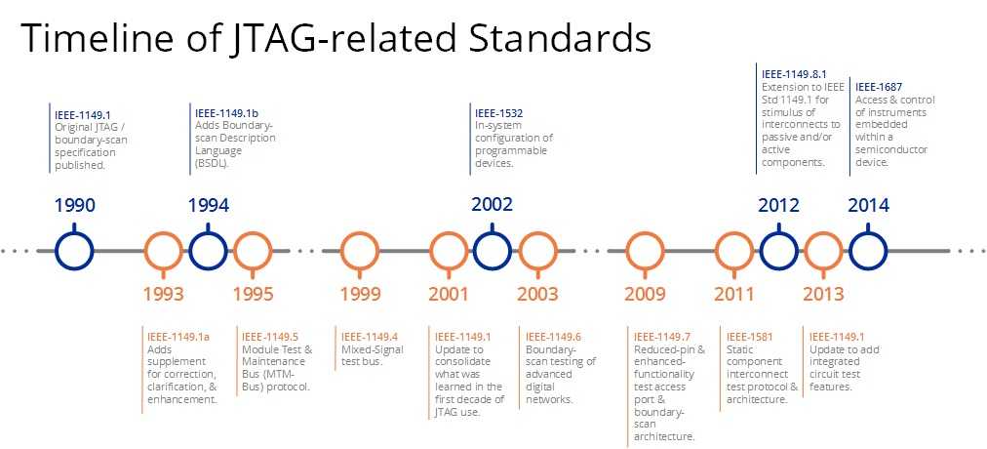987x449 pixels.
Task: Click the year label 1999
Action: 361,294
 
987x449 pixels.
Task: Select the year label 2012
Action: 778,205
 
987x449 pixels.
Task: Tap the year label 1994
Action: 209,205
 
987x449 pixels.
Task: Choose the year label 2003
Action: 537,294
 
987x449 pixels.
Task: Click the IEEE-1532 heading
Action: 499,114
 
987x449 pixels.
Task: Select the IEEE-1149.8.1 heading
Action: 793,74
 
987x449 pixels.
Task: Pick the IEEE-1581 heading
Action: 750,337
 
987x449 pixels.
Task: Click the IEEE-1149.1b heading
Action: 227,114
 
